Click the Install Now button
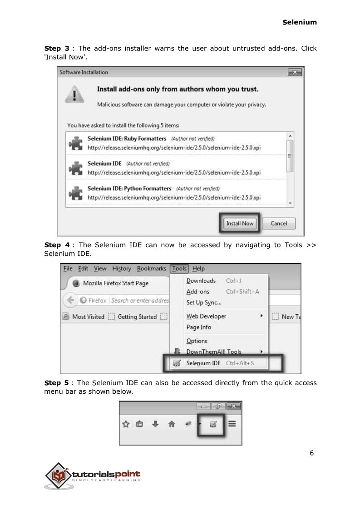[x=240, y=223]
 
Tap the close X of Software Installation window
[x=295, y=72]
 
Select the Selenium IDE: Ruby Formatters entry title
[x=127, y=138]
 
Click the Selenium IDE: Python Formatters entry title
[x=129, y=188]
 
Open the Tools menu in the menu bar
[x=179, y=269]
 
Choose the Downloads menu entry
[x=201, y=281]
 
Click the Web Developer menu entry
[x=206, y=316]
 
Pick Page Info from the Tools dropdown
[x=199, y=327]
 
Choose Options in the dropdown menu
[x=197, y=341]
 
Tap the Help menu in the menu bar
[x=199, y=269]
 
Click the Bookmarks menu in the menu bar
[x=152, y=269]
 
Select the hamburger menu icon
[x=232, y=424]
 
